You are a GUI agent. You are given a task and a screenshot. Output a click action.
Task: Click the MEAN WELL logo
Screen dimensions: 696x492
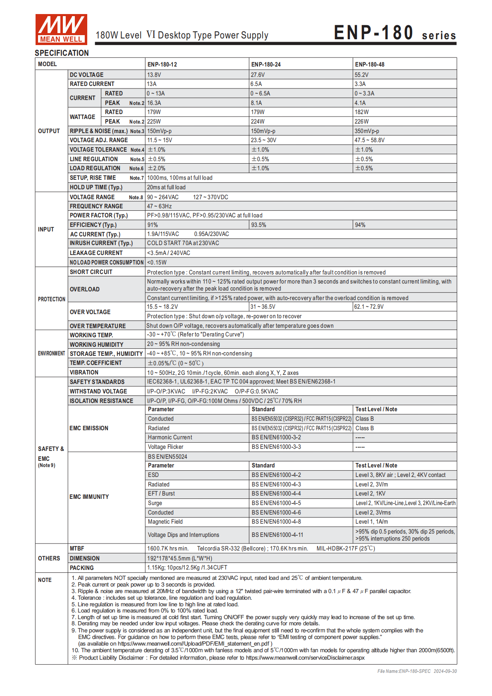[61, 29]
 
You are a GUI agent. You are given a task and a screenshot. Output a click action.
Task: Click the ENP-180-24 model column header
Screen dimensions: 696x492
[266, 64]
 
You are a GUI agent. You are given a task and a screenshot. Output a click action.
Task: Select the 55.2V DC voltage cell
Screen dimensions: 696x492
[361, 75]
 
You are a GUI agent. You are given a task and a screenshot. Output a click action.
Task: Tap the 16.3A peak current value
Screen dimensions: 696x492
[154, 103]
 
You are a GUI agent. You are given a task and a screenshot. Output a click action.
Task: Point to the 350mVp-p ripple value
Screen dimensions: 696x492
[367, 131]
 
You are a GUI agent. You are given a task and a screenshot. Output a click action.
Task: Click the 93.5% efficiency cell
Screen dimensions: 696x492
[259, 225]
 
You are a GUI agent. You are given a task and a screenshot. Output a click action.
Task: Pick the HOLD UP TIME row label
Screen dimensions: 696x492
[96, 187]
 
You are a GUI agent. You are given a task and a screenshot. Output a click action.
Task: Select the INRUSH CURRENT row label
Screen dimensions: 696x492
[101, 243]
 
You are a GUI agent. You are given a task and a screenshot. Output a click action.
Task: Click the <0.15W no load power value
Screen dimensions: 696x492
[157, 262]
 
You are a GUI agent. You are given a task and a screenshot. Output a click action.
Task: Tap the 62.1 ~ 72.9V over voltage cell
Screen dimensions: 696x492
[369, 307]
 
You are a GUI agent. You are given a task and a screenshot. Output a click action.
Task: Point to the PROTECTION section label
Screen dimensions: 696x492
[52, 299]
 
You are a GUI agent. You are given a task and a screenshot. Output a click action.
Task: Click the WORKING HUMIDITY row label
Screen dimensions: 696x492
[96, 345]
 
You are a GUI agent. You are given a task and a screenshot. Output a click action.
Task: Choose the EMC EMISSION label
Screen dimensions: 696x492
[89, 428]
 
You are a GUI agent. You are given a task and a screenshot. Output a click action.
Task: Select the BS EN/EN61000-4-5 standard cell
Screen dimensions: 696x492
[276, 503]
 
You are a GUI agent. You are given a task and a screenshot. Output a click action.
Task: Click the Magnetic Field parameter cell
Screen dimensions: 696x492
[165, 522]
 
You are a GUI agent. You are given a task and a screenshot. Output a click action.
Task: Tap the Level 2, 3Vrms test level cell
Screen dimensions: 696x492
[373, 512]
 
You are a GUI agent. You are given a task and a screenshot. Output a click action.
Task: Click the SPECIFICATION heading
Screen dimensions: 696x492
[62, 53]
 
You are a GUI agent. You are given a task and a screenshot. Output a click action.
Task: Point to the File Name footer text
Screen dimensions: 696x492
[417, 671]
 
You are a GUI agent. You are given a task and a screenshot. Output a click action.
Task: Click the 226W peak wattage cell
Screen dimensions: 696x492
[361, 122]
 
